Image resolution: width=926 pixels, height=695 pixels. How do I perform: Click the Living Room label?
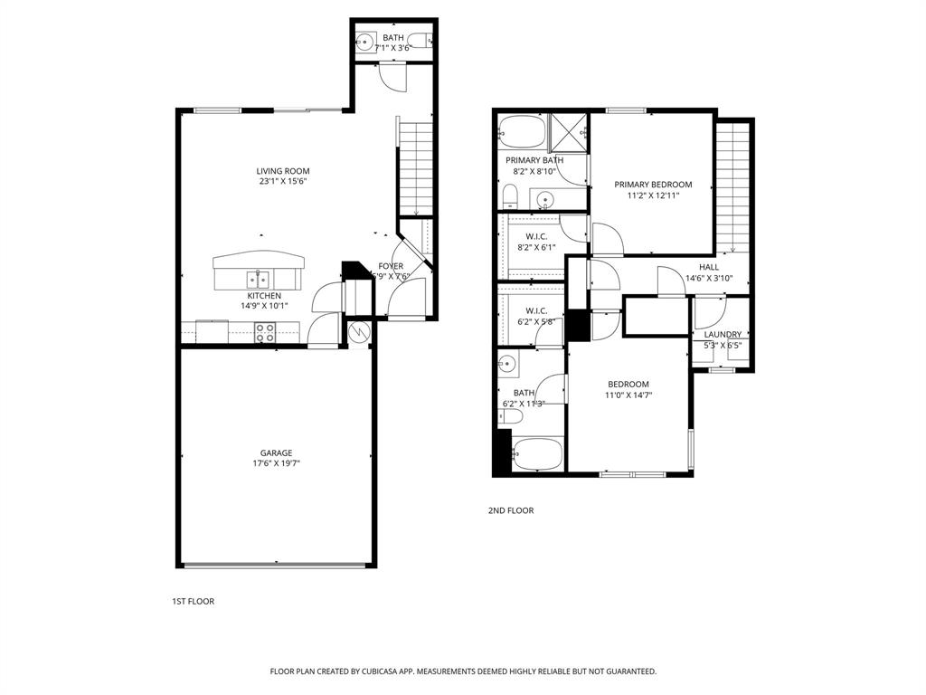(282, 171)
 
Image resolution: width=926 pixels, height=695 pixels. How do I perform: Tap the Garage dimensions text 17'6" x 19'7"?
(276, 463)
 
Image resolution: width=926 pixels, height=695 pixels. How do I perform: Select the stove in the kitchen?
(265, 333)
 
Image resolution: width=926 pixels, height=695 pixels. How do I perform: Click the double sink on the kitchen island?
(259, 279)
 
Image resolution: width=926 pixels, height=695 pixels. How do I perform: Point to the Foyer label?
(391, 266)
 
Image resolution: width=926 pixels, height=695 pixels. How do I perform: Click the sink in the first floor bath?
(364, 42)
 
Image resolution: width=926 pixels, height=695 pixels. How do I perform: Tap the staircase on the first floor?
(416, 167)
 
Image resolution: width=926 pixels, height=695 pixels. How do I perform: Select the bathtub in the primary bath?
(521, 133)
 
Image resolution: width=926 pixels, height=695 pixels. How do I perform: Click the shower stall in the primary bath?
(568, 132)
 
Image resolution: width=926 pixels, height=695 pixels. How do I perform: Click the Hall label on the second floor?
(709, 267)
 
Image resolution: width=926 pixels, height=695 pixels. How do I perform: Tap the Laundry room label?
(723, 334)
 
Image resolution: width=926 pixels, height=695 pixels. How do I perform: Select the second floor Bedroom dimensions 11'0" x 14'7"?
(628, 395)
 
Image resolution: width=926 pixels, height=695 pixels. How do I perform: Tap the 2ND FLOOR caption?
(511, 510)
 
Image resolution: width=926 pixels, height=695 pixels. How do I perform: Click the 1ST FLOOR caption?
(193, 601)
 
